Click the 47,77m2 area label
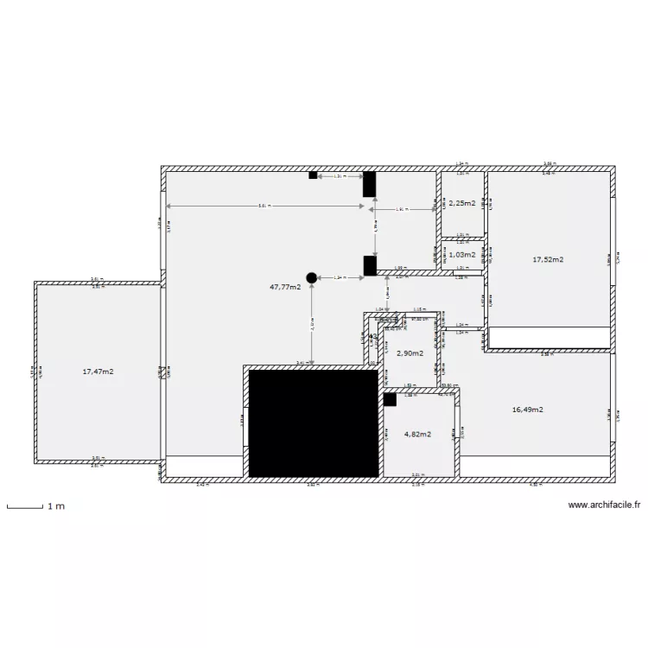click(285, 287)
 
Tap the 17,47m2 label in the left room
click(98, 372)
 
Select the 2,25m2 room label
click(461, 203)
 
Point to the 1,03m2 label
click(461, 255)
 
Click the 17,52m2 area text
click(548, 259)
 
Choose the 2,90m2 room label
click(410, 353)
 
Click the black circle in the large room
click(311, 277)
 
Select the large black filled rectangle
click(314, 423)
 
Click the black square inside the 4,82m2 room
click(391, 399)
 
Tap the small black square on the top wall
click(313, 175)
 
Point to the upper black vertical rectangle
click(369, 183)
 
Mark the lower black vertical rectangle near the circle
click(369, 266)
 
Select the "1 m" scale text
click(55, 505)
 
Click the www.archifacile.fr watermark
click(604, 506)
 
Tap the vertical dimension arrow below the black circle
click(311, 324)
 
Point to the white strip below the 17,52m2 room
click(549, 337)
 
